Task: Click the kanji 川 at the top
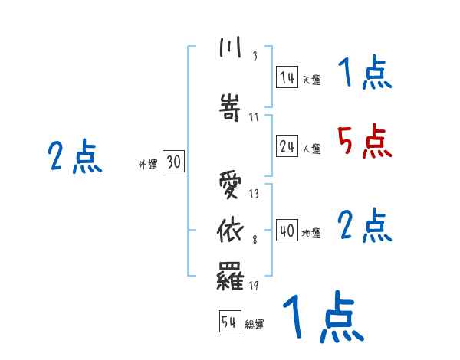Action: click(230, 48)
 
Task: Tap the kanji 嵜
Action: click(231, 108)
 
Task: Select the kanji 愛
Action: click(231, 186)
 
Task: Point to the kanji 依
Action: click(231, 229)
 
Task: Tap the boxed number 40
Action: click(288, 231)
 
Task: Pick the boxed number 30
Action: click(172, 162)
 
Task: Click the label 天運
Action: click(311, 79)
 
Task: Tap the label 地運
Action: click(311, 233)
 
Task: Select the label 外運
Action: click(147, 164)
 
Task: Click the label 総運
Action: click(255, 325)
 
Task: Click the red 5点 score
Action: click(363, 141)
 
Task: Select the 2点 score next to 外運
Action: click(75, 157)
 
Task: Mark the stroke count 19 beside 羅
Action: click(254, 286)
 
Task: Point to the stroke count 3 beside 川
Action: click(254, 56)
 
